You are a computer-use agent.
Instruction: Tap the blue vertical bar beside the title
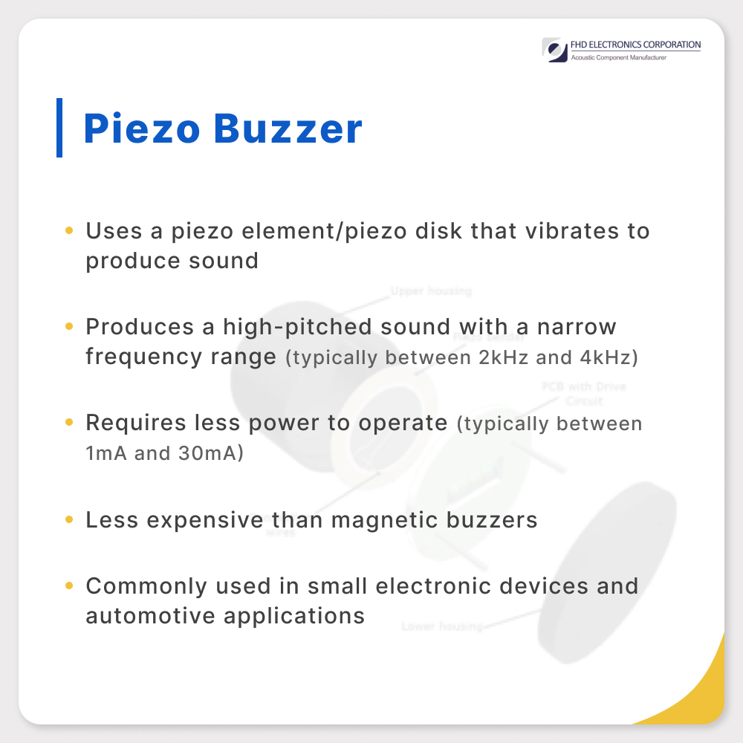tap(59, 127)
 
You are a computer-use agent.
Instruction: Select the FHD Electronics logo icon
tap(554, 51)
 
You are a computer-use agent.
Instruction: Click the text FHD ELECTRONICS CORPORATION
tap(635, 45)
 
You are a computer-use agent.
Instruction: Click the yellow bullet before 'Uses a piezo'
tap(69, 231)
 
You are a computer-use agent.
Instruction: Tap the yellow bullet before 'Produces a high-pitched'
tap(69, 327)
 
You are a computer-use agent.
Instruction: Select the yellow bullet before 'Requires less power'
tap(69, 423)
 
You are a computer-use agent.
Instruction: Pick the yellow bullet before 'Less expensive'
tap(69, 519)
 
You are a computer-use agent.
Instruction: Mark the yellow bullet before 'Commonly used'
tap(69, 585)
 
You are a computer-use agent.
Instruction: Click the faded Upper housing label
tap(431, 291)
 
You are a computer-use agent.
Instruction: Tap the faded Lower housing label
tap(441, 626)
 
